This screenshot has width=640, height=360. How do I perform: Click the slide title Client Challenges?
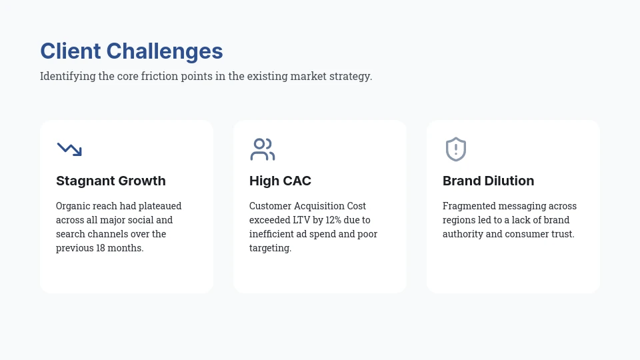point(131,51)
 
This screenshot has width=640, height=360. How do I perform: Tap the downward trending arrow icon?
point(69,149)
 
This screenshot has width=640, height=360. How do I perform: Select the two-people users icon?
point(263,149)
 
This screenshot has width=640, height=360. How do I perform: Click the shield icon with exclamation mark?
point(456,149)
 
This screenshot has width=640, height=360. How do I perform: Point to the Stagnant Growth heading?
point(111,181)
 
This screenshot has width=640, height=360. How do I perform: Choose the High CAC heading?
point(280,181)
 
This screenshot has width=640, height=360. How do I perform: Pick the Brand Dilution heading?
point(488,181)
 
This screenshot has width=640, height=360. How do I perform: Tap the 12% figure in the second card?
point(333,220)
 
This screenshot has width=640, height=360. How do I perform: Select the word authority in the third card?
point(464,234)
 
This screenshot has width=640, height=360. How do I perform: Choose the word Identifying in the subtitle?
point(68,76)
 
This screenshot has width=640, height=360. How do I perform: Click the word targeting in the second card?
point(269,248)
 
